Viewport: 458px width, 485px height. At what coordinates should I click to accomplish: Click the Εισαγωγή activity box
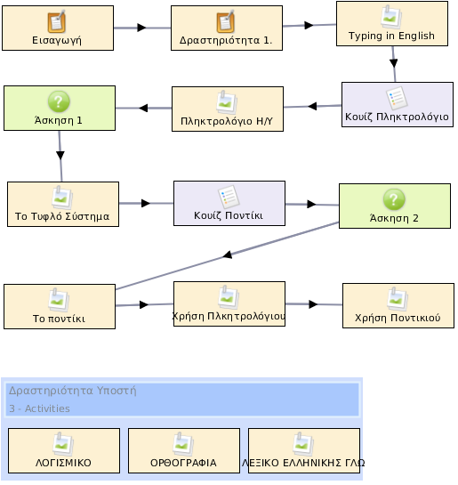(x=58, y=28)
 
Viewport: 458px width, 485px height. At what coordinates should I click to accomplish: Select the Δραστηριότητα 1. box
(x=227, y=28)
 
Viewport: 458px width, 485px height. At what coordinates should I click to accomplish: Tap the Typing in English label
(x=391, y=36)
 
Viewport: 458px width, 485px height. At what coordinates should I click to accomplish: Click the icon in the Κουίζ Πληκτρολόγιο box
(x=397, y=99)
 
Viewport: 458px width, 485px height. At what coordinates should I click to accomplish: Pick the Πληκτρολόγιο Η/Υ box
(x=228, y=109)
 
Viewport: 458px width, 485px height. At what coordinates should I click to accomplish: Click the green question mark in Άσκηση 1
(x=59, y=101)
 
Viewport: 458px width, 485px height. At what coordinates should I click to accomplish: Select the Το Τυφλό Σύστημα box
(x=63, y=204)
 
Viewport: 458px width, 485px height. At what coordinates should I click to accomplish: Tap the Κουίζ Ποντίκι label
(x=229, y=215)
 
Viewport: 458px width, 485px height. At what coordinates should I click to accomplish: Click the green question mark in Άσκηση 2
(x=394, y=199)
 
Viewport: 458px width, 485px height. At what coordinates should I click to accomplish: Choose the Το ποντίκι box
(x=60, y=306)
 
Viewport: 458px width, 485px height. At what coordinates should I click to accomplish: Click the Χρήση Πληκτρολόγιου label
(x=229, y=316)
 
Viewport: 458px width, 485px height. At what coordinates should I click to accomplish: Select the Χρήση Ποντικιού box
(x=398, y=305)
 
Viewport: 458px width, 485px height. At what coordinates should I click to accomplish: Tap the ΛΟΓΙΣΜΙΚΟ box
(x=64, y=450)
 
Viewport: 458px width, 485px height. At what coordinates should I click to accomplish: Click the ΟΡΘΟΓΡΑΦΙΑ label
(x=183, y=463)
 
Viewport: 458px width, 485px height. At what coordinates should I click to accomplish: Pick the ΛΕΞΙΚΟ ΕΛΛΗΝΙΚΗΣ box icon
(x=303, y=444)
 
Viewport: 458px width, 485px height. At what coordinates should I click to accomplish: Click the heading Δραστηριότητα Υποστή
(x=72, y=391)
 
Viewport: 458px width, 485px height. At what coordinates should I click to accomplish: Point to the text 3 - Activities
(x=39, y=408)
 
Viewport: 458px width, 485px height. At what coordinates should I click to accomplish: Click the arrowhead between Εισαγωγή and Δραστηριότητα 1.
(x=141, y=28)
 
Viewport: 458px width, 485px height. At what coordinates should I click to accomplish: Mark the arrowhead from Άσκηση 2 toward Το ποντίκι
(x=228, y=255)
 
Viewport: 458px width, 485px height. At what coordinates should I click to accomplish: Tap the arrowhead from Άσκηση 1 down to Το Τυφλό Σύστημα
(x=60, y=155)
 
